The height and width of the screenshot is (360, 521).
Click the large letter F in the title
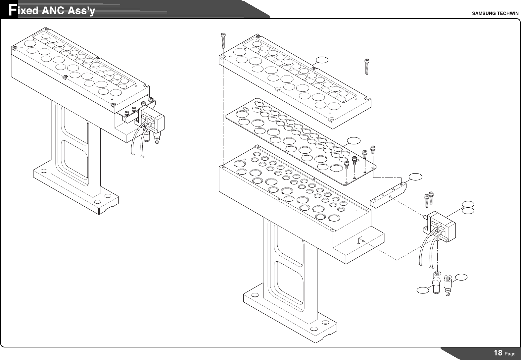pos(12,10)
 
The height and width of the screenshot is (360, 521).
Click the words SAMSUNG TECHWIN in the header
pos(495,13)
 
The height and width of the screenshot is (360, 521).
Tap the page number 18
pos(498,353)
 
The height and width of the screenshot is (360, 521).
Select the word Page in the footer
pos(510,354)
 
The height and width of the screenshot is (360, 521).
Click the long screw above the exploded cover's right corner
pos(367,66)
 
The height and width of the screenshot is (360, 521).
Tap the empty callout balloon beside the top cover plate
pos(322,60)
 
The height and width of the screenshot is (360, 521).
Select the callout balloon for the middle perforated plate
pos(354,140)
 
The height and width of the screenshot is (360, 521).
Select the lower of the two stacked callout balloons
pos(468,210)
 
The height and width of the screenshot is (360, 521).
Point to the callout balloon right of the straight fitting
pos(461,277)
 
